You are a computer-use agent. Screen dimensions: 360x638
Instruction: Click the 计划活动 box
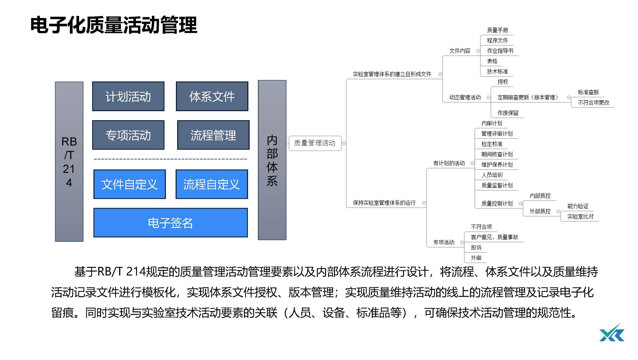pos(128,96)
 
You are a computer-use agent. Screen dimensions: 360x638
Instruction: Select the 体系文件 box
pos(212,96)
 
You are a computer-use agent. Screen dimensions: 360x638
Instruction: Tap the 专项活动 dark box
pos(128,135)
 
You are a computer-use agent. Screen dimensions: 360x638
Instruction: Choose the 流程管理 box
pos(213,135)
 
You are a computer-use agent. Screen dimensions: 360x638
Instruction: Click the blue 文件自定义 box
pos(130,184)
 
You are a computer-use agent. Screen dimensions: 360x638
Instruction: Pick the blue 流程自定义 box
pos(212,184)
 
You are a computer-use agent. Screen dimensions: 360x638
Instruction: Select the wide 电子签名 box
pos(170,223)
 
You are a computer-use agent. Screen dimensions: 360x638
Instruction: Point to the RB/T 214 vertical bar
pos(69,162)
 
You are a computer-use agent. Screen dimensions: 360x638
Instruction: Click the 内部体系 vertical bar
pos(272,160)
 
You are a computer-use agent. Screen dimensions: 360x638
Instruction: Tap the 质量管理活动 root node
pos(315,143)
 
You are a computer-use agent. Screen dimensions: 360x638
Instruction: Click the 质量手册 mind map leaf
pos(497,30)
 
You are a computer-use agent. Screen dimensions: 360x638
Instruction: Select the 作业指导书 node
pos(500,51)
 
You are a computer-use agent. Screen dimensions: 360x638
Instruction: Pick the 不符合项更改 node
pos(593,103)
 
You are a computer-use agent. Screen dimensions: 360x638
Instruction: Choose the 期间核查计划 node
pos(497,154)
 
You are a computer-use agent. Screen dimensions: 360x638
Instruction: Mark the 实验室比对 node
pos(580,216)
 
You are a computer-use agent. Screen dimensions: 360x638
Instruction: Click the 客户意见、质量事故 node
pos(494,237)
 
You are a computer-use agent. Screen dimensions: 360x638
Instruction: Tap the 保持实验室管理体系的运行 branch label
pos(384,203)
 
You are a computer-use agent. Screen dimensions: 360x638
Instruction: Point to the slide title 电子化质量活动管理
pos(114,25)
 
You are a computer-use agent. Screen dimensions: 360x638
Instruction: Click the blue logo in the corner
pos(612,333)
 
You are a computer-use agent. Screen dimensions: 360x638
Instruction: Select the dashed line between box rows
pos(170,159)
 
